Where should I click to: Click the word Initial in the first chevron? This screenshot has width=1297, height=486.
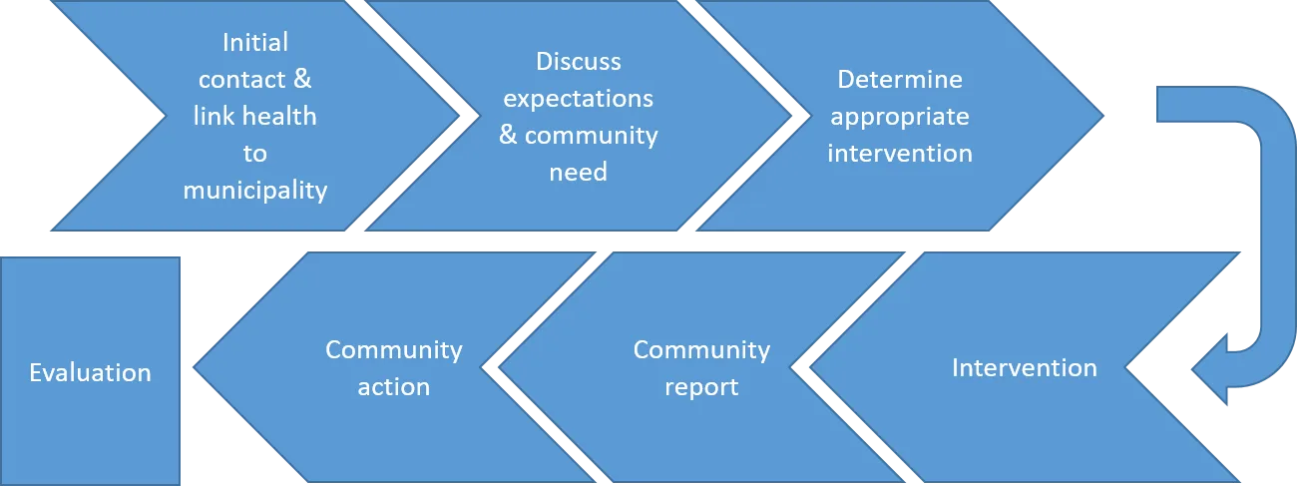click(255, 43)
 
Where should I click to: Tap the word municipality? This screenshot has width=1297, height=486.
click(255, 190)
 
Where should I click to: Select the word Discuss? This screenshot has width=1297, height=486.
click(579, 62)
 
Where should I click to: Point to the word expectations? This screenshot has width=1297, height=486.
click(579, 99)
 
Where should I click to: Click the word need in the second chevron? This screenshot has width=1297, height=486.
click(579, 172)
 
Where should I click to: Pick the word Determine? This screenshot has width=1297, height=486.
click(899, 80)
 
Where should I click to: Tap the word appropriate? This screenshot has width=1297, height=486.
click(899, 117)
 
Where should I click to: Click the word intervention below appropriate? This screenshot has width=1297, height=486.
click(899, 153)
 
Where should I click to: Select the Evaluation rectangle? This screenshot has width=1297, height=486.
click(91, 370)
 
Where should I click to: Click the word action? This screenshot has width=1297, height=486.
click(394, 386)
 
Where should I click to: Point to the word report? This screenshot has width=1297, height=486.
click(701, 386)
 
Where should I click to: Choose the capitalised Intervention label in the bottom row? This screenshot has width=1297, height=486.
click(1024, 368)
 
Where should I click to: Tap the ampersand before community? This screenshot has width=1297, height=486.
click(509, 135)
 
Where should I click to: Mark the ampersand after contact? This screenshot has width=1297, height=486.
click(301, 80)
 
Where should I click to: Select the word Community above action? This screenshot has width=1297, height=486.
click(394, 350)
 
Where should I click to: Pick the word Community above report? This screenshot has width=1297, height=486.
click(701, 350)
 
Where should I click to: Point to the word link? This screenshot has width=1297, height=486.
click(213, 117)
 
